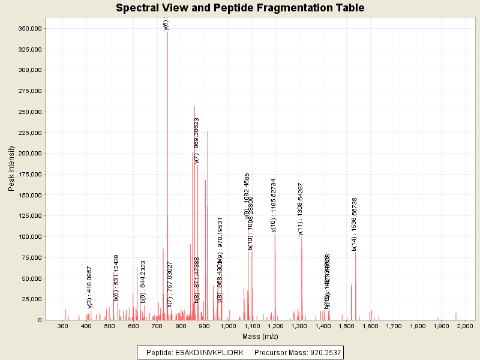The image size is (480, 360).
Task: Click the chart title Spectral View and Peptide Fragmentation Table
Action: (240, 8)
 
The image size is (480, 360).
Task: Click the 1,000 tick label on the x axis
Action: (227, 326)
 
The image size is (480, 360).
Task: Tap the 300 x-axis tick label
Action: (62, 326)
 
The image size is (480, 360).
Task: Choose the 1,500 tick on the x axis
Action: (346, 326)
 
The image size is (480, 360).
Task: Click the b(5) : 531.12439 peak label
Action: (116, 277)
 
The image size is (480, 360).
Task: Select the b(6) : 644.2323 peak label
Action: (143, 281)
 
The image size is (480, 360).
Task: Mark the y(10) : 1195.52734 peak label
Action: (274, 204)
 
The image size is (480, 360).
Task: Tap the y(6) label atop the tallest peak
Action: (166, 24)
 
